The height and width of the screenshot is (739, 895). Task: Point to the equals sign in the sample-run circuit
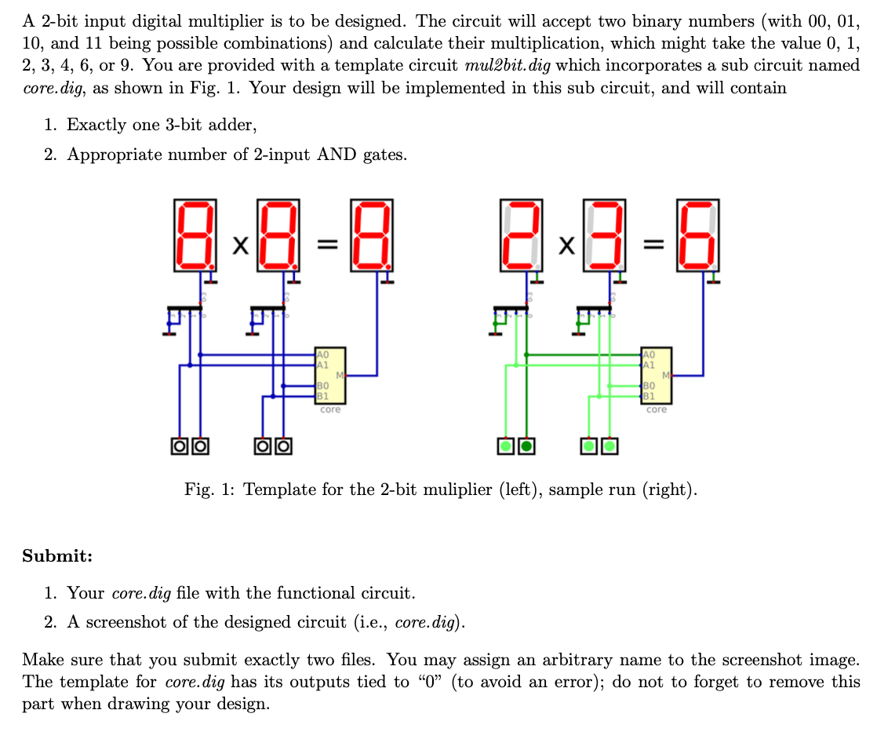(x=650, y=246)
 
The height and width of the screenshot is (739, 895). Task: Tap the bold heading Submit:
(x=57, y=556)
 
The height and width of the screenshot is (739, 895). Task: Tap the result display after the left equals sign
(x=371, y=234)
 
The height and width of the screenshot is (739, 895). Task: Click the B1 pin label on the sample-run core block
(x=648, y=395)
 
